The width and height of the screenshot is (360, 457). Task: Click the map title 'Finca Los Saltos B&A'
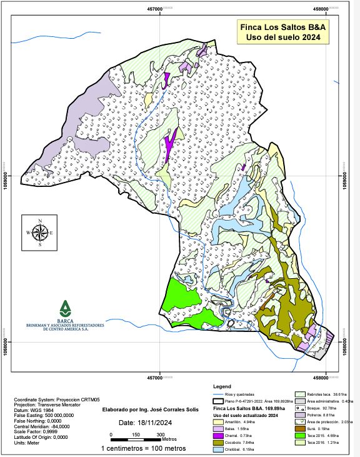point(282,28)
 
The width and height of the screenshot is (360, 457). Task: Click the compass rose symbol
point(39,233)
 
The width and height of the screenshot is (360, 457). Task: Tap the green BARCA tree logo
point(65,308)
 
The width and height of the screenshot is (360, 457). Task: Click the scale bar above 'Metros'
point(135,434)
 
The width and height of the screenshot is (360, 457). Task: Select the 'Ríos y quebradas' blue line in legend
point(218,394)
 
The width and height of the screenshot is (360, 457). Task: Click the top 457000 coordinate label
point(161,8)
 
